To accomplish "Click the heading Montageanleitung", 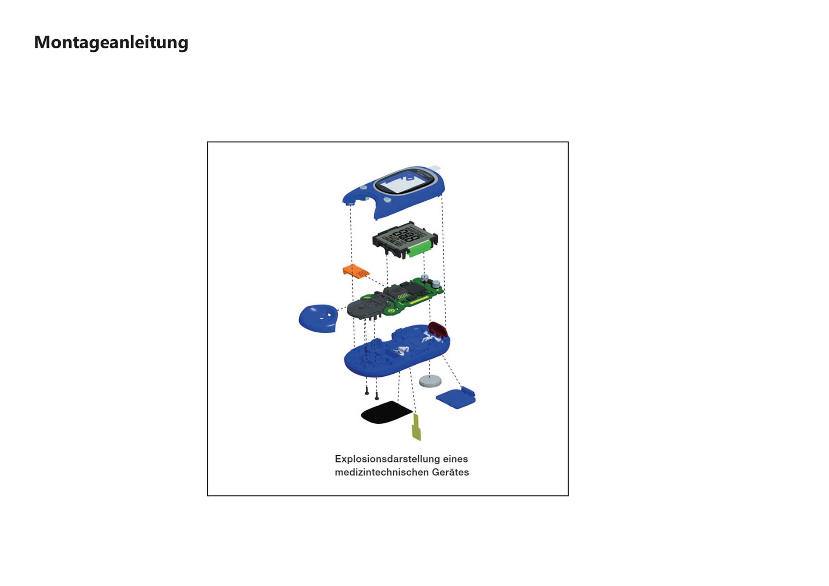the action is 111,43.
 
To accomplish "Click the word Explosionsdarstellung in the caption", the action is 386,459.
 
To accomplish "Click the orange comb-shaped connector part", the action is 356,271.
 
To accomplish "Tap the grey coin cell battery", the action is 430,381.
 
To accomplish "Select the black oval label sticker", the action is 386,413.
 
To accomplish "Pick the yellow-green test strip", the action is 417,427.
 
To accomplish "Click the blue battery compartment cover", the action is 456,398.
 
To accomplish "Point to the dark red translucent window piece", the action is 438,329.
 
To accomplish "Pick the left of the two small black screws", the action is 367,391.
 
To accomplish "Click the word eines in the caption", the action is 455,459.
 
